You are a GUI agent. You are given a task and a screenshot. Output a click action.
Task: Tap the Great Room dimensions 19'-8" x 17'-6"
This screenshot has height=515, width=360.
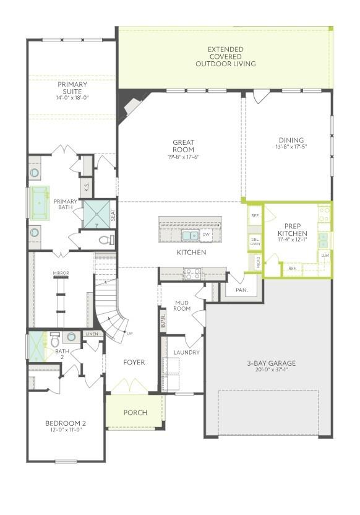click(183, 157)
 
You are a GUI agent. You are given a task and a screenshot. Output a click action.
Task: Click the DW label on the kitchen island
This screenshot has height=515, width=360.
click(206, 235)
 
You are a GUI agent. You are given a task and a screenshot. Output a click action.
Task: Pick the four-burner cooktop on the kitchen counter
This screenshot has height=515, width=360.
click(192, 273)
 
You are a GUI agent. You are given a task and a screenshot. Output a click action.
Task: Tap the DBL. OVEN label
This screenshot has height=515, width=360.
click(255, 241)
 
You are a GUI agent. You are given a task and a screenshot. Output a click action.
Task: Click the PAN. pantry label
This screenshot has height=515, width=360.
click(242, 289)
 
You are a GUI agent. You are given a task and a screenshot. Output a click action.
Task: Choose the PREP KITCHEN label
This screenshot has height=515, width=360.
click(292, 230)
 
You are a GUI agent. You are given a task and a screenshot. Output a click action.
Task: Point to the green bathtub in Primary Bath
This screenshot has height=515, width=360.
click(41, 202)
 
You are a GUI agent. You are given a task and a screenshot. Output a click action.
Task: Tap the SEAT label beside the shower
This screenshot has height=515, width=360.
click(113, 214)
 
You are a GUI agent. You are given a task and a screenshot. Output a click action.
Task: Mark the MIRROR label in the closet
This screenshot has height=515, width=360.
click(61, 272)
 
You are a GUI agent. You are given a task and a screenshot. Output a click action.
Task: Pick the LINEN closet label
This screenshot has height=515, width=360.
click(92, 334)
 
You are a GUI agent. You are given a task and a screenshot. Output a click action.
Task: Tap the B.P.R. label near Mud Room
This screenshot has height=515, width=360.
click(163, 321)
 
